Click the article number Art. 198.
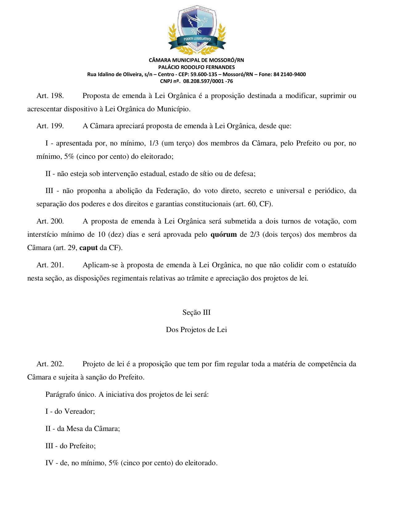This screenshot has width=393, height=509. point(50,96)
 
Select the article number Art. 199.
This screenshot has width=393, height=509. point(50,126)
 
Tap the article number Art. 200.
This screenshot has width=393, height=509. point(50,221)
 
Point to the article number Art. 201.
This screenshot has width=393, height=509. point(50,265)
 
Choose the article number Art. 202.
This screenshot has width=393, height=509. point(50,364)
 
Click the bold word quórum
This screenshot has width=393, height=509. point(223,235)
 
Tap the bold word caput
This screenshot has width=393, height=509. point(88,248)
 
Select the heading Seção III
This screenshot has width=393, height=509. point(196,312)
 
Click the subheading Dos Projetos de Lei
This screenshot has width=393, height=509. point(196,330)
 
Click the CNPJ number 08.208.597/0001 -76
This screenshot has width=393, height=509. point(208,81)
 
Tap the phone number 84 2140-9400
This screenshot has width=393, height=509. point(289,74)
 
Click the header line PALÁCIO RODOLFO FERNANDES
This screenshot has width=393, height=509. point(196,67)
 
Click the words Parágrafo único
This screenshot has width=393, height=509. point(71,394)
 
